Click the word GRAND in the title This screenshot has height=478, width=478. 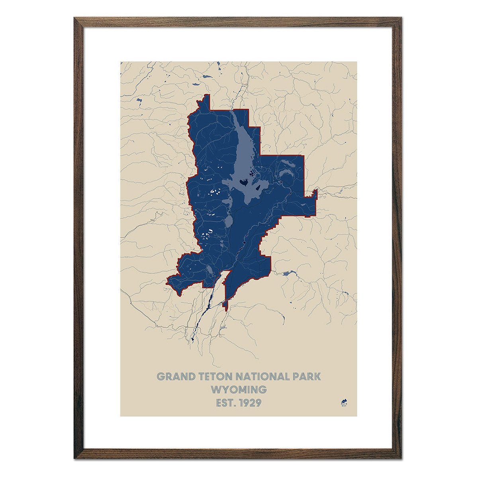pos(172,376)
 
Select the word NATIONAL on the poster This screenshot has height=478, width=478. pos(263,376)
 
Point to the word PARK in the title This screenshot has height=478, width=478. pos(307,376)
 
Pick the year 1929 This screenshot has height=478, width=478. pos(250,403)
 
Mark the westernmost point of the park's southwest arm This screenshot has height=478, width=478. pos(168,280)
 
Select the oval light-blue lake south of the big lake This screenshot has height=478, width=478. pos(229,221)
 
